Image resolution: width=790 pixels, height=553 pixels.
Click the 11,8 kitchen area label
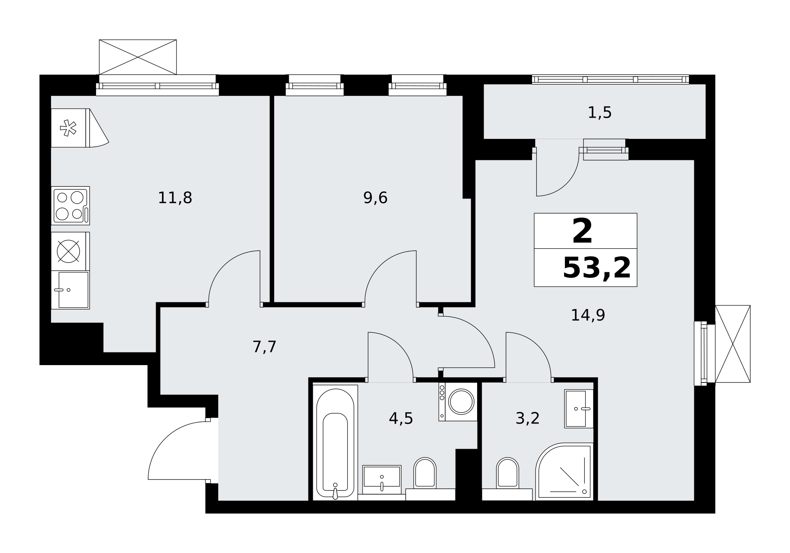click(175, 198)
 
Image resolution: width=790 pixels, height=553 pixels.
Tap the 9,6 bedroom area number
click(375, 198)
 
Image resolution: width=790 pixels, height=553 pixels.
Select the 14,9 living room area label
click(588, 315)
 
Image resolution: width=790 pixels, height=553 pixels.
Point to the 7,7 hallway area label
click(264, 347)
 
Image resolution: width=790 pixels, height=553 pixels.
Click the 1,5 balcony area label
click(600, 113)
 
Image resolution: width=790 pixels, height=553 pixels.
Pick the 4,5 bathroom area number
click(401, 418)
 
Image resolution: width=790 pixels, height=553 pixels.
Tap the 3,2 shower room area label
click(527, 418)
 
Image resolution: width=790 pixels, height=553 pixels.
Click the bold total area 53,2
click(596, 268)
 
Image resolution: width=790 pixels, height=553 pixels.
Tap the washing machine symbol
click(458, 401)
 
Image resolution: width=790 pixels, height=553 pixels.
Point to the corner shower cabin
click(564, 472)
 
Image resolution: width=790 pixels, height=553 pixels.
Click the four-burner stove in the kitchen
click(70, 206)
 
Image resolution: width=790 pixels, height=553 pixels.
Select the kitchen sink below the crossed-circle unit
click(70, 290)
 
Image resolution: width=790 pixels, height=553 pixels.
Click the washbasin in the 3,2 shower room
click(579, 409)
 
